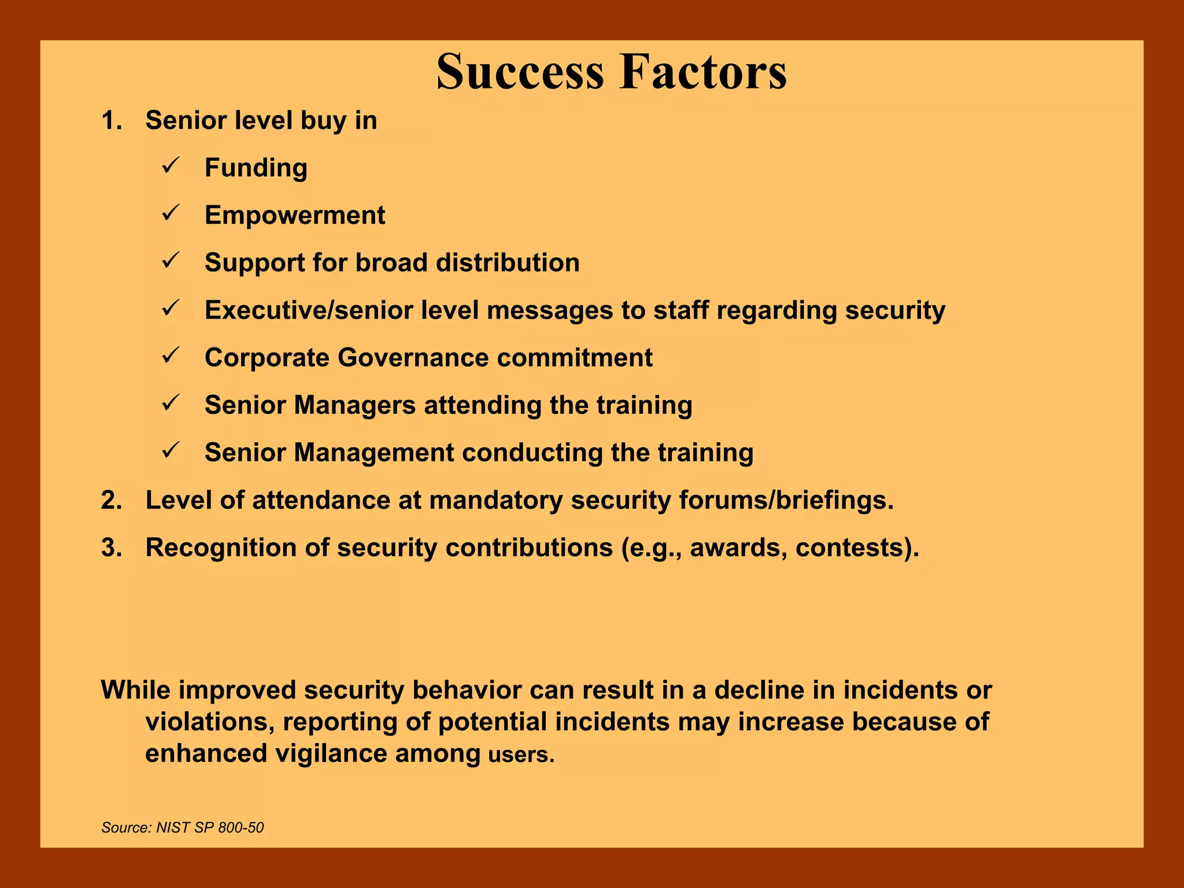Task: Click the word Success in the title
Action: coord(520,72)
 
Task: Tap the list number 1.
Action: coord(111,121)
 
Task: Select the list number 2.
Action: coord(111,500)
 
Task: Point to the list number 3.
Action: coord(111,547)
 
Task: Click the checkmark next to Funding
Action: coord(171,166)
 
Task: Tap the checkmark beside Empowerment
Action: coord(171,214)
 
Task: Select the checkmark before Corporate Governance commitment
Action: coord(171,356)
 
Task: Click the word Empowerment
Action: coord(295,216)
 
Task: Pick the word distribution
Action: coord(508,263)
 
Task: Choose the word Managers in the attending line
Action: coord(354,405)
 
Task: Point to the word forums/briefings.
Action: coord(786,500)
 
